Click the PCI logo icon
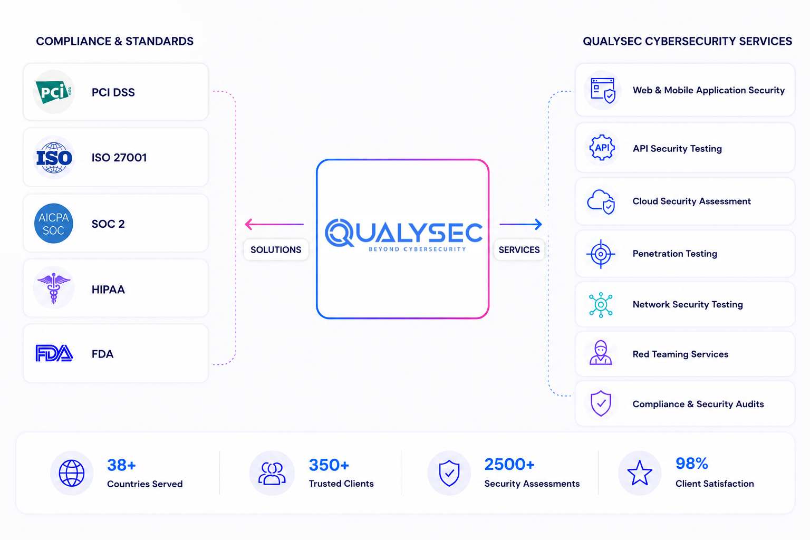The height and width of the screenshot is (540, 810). coord(53,92)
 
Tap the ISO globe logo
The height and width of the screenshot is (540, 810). coord(54,158)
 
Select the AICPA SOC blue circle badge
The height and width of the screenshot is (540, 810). coord(53,223)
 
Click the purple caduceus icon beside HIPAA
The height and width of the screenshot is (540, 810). coord(53,288)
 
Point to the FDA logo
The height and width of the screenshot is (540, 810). coord(54,353)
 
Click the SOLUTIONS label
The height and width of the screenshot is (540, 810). coord(276,249)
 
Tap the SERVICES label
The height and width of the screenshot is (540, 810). coord(519,249)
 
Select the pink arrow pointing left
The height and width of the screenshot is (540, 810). coord(274,224)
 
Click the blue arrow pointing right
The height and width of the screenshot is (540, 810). coord(520,224)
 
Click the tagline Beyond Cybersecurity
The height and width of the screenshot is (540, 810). coord(417,249)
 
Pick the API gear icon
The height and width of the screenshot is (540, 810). coord(602,148)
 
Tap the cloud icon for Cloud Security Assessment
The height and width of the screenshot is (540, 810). coord(601,201)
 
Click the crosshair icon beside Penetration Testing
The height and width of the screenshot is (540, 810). coord(601,254)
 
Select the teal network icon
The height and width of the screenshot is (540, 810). coord(601,305)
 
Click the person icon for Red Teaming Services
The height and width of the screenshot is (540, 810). coord(601,352)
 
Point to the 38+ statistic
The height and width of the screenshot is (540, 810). coord(121,465)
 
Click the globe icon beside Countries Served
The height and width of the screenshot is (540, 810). coord(72,473)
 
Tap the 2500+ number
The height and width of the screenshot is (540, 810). coord(509,465)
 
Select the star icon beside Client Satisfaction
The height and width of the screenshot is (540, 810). coord(640,472)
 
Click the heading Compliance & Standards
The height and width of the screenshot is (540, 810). coord(114,41)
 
